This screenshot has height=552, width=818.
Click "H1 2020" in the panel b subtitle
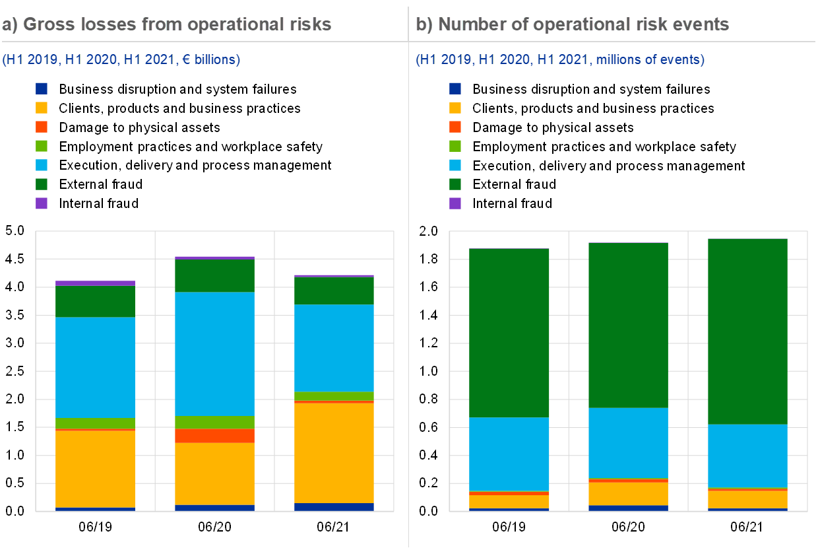[x=505, y=60]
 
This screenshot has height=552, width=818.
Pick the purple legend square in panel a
[x=42, y=203]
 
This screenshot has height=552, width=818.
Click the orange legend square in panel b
[x=455, y=127]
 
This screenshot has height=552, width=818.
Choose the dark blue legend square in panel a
[x=42, y=88]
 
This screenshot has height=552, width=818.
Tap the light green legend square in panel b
[x=455, y=146]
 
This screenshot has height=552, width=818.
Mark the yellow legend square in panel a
[x=42, y=108]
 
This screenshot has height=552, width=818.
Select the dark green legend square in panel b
[x=455, y=184]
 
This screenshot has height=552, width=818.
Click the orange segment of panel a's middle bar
[x=214, y=436]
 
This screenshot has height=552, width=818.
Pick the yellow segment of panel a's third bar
[x=334, y=453]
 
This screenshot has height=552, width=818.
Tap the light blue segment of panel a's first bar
[x=95, y=368]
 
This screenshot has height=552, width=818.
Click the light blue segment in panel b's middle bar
[x=628, y=442]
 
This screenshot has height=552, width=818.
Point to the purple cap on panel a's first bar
[x=95, y=283]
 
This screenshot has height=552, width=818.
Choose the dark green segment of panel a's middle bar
[x=214, y=276]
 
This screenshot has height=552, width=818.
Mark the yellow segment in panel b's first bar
[x=509, y=501]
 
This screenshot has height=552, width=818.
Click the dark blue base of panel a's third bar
[x=334, y=507]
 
